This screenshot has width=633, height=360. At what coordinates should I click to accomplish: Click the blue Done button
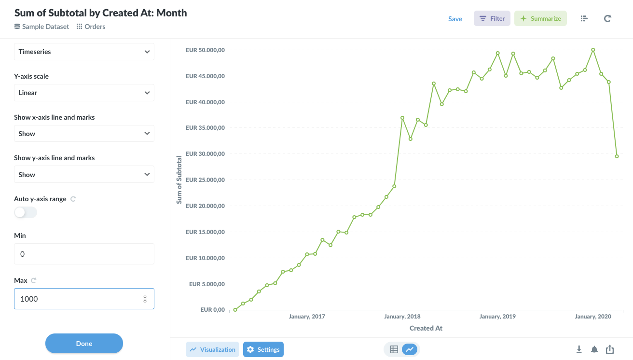84,344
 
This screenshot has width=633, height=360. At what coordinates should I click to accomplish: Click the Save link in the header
455,19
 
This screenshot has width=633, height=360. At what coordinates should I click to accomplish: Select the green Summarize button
540,19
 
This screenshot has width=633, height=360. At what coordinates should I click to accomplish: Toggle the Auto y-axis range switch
26,212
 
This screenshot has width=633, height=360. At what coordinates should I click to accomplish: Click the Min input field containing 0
84,254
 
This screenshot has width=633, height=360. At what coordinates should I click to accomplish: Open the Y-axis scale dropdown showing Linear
84,93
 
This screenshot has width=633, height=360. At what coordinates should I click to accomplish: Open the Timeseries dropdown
84,52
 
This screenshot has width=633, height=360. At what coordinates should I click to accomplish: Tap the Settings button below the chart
263,349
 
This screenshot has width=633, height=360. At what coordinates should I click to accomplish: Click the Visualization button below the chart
213,349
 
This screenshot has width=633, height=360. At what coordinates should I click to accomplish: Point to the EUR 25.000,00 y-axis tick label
205,180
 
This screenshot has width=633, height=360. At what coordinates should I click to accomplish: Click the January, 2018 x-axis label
402,317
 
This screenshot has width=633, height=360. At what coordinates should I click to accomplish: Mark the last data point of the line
617,156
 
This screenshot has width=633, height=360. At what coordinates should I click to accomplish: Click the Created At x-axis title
426,328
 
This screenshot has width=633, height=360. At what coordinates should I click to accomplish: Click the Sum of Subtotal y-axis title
179,180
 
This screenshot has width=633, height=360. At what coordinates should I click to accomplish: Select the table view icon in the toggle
394,349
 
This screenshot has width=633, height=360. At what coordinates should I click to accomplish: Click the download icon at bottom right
579,349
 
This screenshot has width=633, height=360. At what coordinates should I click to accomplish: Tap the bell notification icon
594,349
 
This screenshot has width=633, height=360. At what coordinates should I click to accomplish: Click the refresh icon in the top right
607,19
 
